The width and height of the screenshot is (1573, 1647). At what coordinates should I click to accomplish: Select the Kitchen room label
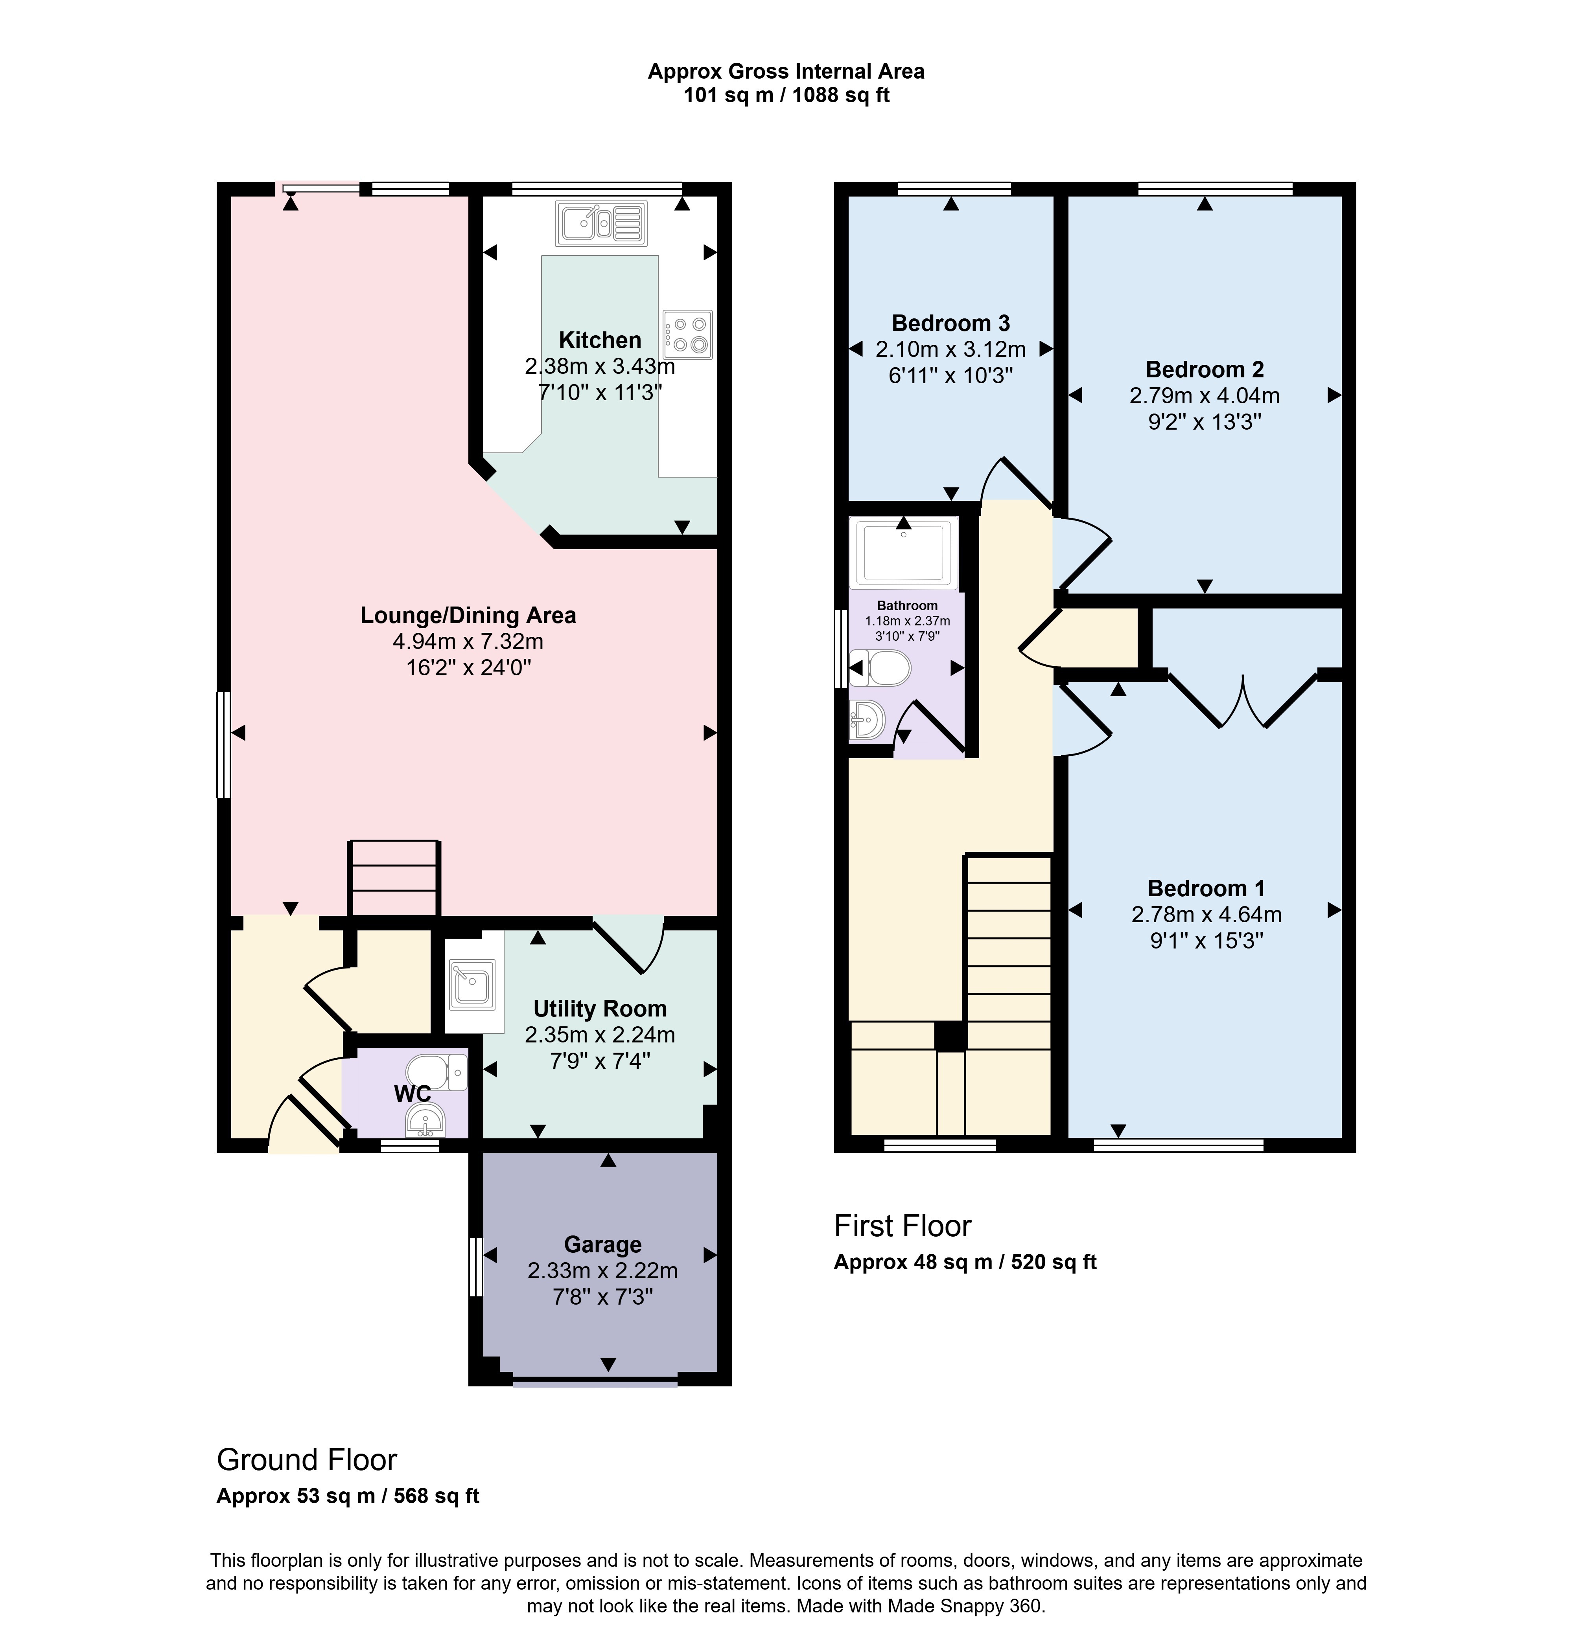point(600,340)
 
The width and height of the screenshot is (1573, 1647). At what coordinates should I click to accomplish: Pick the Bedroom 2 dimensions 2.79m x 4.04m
point(1205,395)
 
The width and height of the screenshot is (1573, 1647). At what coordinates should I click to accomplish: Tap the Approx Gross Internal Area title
point(786,72)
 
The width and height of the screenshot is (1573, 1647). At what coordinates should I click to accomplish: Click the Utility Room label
point(600,1009)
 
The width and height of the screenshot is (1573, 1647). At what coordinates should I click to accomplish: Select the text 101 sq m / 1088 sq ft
point(786,96)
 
